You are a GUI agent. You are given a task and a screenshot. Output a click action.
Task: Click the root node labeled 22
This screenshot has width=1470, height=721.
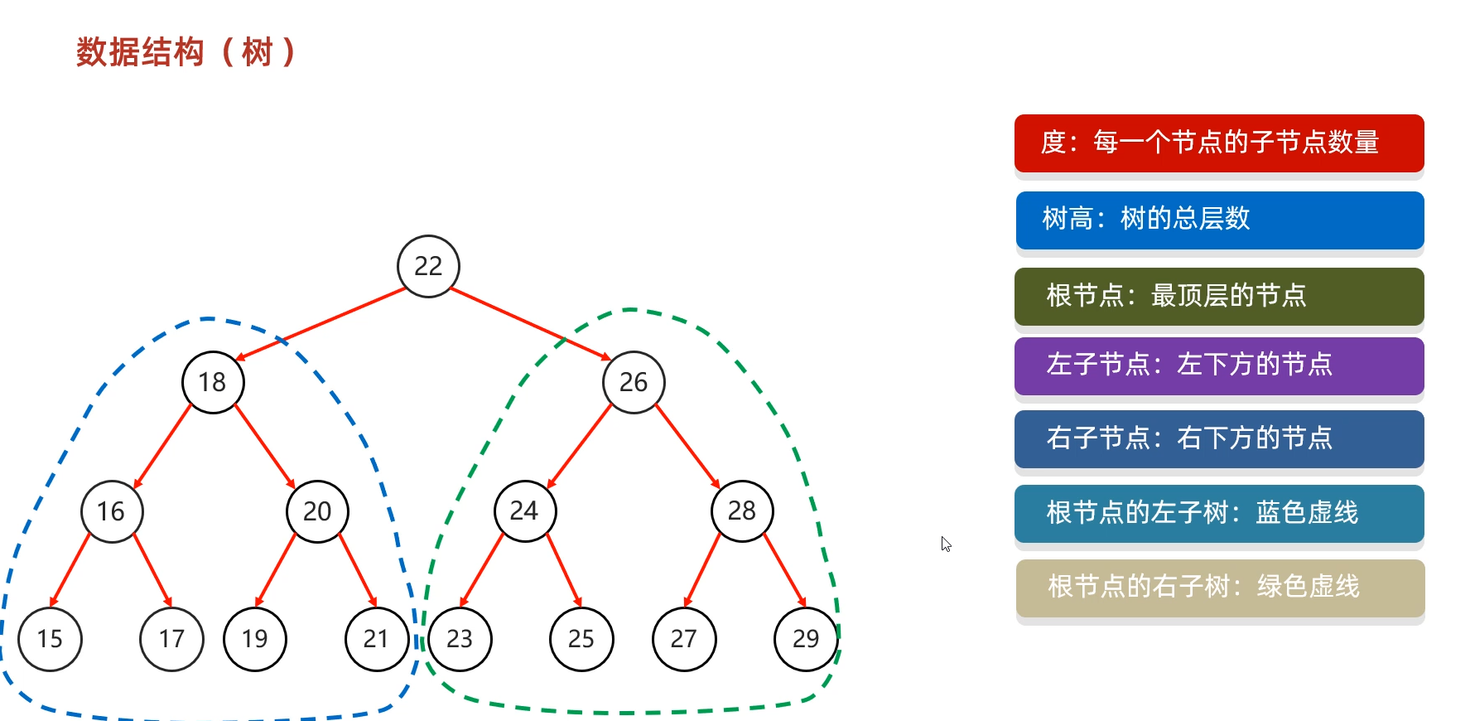(x=428, y=266)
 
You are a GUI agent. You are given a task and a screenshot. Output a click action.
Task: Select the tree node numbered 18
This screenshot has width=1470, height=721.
(x=213, y=382)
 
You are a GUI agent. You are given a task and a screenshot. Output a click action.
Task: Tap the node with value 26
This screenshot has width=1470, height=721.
(x=634, y=382)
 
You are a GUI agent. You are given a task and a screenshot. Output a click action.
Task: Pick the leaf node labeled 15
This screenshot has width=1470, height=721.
(x=50, y=639)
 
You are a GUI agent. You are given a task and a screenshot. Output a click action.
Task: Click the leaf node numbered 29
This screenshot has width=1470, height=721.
(x=806, y=639)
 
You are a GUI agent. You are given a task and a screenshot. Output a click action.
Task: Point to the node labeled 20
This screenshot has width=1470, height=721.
(x=317, y=511)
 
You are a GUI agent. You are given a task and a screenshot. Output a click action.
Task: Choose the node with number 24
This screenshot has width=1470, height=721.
(x=524, y=511)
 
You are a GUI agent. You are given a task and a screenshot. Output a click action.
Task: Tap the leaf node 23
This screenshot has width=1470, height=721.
(x=460, y=639)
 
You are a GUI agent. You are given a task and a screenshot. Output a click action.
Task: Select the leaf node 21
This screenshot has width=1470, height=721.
(x=377, y=639)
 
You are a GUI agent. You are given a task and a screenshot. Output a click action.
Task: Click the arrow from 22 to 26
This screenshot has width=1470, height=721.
(x=530, y=324)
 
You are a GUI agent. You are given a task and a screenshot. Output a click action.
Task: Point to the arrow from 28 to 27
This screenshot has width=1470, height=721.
(x=703, y=571)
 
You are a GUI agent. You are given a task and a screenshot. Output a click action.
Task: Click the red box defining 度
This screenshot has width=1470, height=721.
(x=1219, y=143)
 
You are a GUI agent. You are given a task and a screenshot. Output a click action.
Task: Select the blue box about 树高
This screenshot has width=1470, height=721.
(x=1219, y=220)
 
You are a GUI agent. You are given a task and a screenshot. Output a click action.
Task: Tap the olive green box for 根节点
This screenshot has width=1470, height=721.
(x=1219, y=296)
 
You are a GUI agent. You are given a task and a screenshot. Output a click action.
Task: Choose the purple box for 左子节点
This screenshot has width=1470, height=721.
(x=1219, y=365)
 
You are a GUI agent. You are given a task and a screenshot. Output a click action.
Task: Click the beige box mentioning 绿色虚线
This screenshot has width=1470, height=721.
(x=1219, y=588)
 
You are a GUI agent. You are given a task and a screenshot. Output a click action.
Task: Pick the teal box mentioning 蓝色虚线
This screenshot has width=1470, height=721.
(x=1219, y=514)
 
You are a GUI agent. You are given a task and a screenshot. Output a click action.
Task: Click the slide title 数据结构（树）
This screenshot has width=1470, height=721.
(x=186, y=52)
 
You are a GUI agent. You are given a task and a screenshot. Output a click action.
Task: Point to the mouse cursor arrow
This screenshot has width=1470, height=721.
(x=946, y=544)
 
